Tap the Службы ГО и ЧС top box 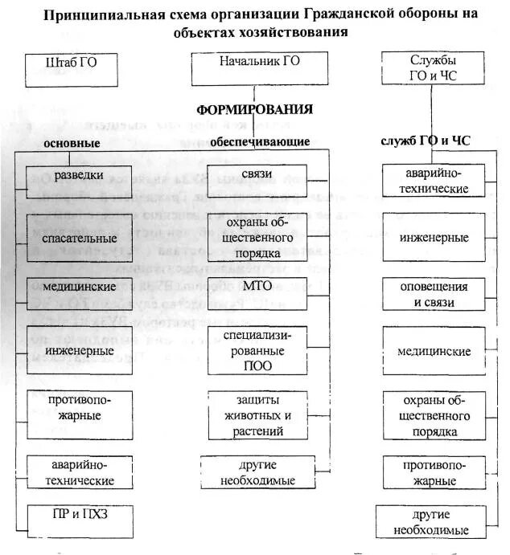click(x=432, y=67)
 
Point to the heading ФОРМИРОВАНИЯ click(x=255, y=109)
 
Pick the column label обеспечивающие click(x=260, y=142)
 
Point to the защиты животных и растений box click(x=259, y=415)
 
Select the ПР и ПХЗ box click(x=78, y=515)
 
